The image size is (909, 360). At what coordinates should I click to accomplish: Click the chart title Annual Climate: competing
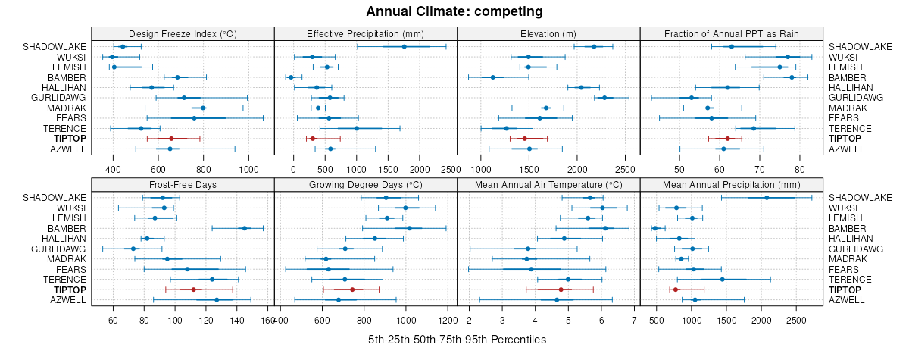click(x=454, y=11)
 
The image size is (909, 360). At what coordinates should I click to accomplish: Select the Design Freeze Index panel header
click(x=182, y=33)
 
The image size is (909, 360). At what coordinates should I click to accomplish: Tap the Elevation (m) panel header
click(x=548, y=33)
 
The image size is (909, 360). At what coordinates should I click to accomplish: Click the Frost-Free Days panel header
click(x=182, y=184)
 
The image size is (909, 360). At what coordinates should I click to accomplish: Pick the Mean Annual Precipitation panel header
click(x=731, y=184)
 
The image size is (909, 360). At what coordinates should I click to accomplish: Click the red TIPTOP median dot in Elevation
click(x=524, y=139)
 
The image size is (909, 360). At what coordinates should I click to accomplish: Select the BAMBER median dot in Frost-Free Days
click(x=244, y=228)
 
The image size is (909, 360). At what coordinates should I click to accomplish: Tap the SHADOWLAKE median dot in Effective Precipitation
click(x=404, y=47)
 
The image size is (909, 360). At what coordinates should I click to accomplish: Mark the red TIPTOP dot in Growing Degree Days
click(x=352, y=290)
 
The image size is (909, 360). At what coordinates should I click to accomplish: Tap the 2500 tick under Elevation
click(x=626, y=169)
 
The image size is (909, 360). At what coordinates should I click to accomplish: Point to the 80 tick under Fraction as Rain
click(x=798, y=169)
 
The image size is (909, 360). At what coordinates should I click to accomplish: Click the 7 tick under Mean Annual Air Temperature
click(x=633, y=320)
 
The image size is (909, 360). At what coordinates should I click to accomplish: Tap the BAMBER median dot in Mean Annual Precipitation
click(x=655, y=228)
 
